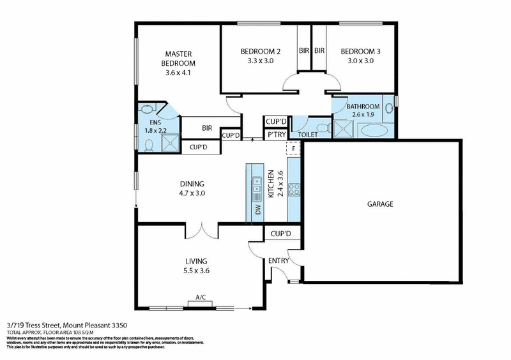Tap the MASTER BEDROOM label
point(178,59)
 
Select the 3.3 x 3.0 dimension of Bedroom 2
point(261,61)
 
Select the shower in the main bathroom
point(343,129)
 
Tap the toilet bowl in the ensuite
point(149,146)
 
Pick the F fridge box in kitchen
point(293,148)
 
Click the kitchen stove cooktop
point(294,189)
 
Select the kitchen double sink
point(256,186)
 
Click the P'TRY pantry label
point(276,135)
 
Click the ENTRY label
point(278,260)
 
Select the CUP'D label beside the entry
point(280,234)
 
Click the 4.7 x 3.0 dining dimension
point(192,193)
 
